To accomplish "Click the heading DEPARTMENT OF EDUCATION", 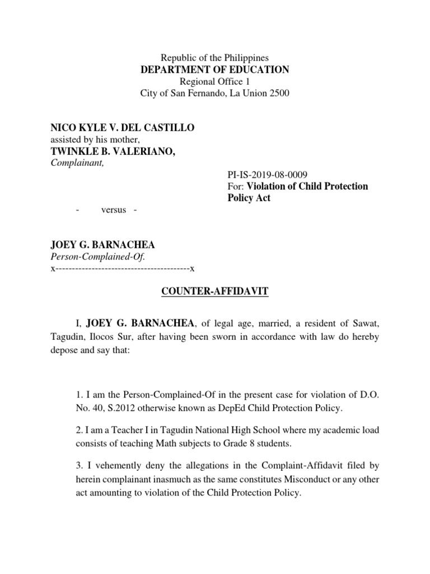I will (x=215, y=70).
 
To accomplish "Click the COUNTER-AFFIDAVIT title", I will (x=215, y=291).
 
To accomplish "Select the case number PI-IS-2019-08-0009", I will (x=268, y=175).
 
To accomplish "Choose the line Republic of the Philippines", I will (x=215, y=58).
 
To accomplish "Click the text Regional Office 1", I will (x=215, y=82).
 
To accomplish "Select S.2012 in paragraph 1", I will (x=111, y=409).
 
